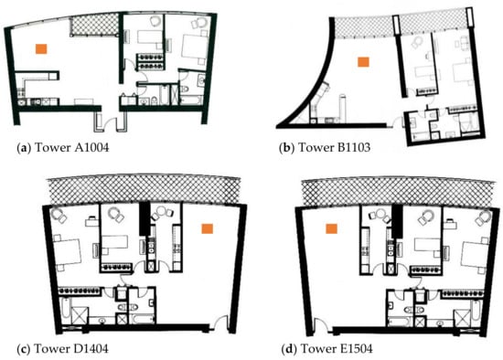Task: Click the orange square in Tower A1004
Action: point(41,48)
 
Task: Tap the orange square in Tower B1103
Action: point(363,62)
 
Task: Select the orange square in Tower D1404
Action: point(207,228)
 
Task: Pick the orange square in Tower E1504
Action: point(331,228)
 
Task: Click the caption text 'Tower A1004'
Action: point(71,147)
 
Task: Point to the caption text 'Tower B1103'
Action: point(334,147)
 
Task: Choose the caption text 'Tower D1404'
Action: point(71,348)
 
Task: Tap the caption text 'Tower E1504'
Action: point(336,348)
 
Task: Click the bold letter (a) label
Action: point(24,147)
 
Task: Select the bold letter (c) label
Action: point(23,348)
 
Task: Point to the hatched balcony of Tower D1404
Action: point(144,190)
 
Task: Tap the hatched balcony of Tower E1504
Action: point(398,191)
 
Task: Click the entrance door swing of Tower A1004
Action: point(112,123)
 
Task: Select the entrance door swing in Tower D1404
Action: point(221,323)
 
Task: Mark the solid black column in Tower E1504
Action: point(398,221)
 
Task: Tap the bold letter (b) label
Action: point(287,147)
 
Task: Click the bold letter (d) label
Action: point(289,348)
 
